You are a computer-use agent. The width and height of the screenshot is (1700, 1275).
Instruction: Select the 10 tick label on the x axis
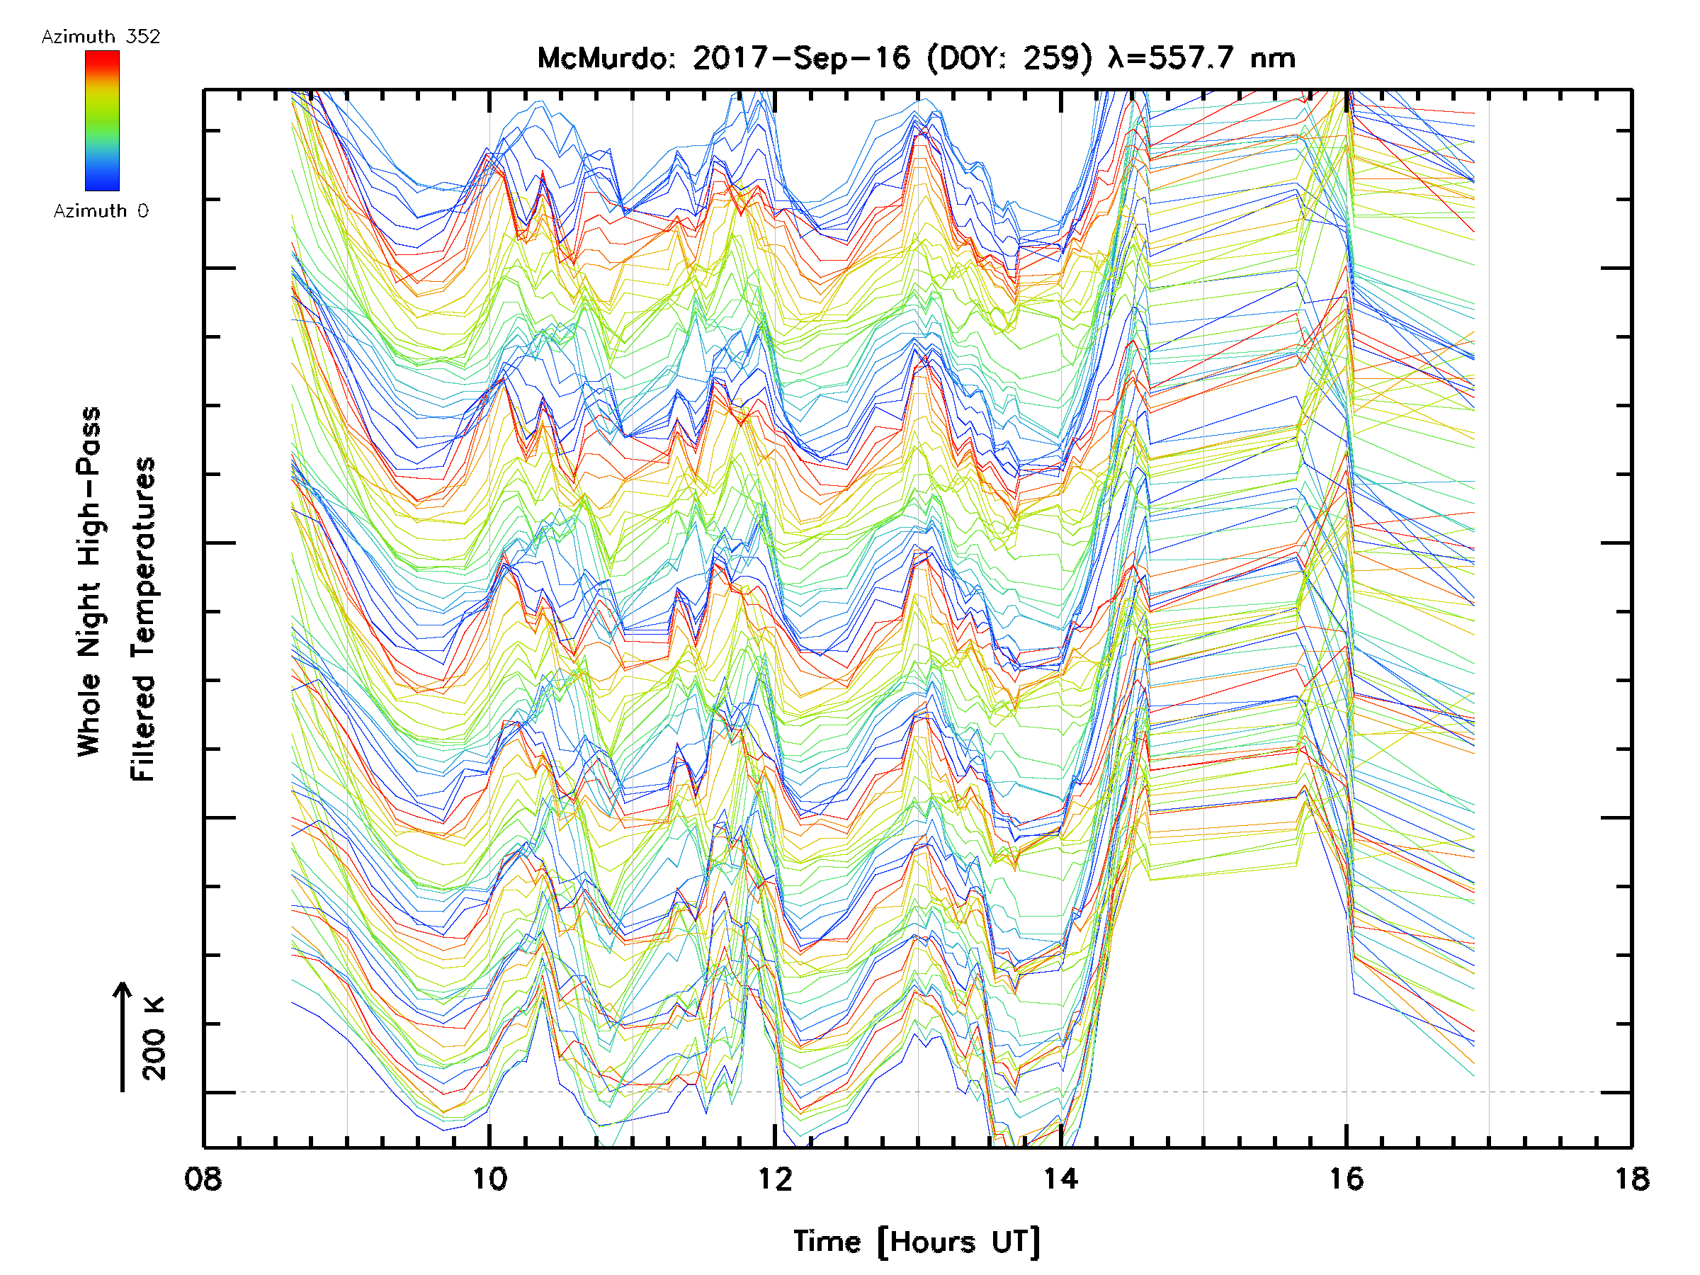(489, 1179)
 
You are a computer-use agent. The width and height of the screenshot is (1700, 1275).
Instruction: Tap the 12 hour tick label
(775, 1179)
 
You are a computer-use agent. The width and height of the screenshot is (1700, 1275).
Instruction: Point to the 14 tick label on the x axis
(1060, 1179)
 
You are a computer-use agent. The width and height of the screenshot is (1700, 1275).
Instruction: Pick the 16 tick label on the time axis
(1347, 1179)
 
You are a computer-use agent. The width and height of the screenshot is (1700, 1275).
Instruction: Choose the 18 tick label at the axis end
(1631, 1179)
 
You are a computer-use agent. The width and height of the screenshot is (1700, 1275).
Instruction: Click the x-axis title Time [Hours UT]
(917, 1242)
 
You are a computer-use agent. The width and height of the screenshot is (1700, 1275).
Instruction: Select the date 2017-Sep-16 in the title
(801, 58)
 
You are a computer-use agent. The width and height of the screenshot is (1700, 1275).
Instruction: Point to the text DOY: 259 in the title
(1010, 58)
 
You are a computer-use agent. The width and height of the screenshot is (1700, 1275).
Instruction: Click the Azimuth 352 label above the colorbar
(101, 37)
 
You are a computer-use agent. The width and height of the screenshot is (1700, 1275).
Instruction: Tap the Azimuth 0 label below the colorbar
(101, 211)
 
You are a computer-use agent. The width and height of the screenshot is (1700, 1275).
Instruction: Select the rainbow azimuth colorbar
(102, 120)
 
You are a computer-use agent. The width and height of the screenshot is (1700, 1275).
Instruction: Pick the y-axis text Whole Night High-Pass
(89, 582)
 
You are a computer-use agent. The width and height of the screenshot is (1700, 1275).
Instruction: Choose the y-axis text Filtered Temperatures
(143, 620)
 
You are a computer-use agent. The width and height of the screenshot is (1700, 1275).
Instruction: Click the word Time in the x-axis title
(827, 1242)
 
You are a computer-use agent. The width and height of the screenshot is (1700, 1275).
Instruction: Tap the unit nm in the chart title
(1274, 58)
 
